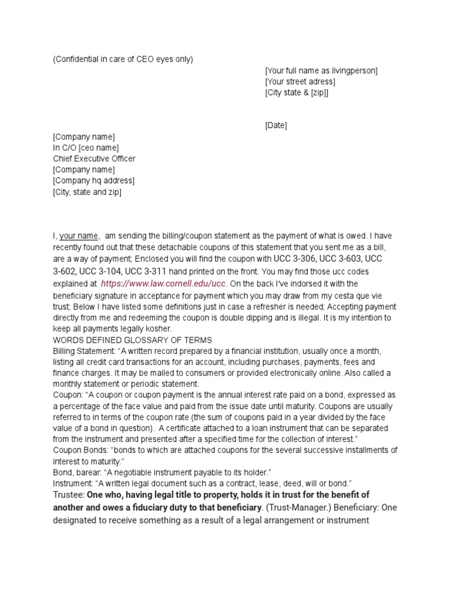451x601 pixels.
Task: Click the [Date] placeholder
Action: (x=276, y=126)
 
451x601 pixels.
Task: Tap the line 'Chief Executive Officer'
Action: (x=94, y=158)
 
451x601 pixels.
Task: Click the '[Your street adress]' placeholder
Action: (x=300, y=82)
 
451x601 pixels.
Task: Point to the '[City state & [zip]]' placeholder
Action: (x=297, y=93)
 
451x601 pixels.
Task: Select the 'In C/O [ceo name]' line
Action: (x=86, y=147)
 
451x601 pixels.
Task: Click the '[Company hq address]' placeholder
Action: (x=93, y=180)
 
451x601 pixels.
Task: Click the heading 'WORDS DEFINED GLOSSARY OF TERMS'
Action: (x=132, y=340)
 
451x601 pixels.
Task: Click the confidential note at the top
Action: (x=123, y=59)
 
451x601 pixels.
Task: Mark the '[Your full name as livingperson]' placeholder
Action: (x=321, y=70)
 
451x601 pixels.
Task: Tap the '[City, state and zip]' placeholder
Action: (x=87, y=191)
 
